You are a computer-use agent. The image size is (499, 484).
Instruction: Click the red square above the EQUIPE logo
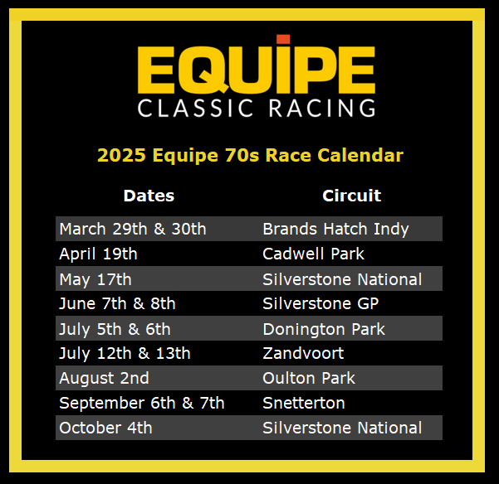(283, 39)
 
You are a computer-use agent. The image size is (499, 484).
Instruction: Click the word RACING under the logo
(322, 108)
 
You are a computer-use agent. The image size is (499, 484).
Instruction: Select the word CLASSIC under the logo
(195, 108)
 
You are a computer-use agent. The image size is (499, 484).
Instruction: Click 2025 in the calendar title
(121, 155)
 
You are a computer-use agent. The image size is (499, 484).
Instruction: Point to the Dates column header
(149, 196)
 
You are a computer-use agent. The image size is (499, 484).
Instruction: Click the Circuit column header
(352, 196)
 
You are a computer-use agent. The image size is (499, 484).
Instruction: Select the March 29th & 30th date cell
(133, 229)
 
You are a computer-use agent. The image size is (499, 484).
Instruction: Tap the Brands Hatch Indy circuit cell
(335, 230)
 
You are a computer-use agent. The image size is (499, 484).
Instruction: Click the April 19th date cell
(98, 254)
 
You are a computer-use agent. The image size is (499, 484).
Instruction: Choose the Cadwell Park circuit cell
(314, 254)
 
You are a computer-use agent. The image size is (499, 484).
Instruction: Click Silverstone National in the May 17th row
(342, 279)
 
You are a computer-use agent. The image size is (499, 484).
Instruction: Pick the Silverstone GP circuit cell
(320, 303)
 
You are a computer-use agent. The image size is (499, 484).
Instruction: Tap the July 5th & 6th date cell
(115, 329)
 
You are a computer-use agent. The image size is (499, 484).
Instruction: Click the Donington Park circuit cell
(324, 329)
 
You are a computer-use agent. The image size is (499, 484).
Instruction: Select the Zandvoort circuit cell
(303, 353)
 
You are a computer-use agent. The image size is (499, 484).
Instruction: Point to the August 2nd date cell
(104, 379)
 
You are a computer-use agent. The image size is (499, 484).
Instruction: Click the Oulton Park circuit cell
(309, 378)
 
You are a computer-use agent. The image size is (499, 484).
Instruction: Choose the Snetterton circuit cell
(304, 403)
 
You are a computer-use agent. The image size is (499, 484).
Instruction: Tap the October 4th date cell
(105, 428)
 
